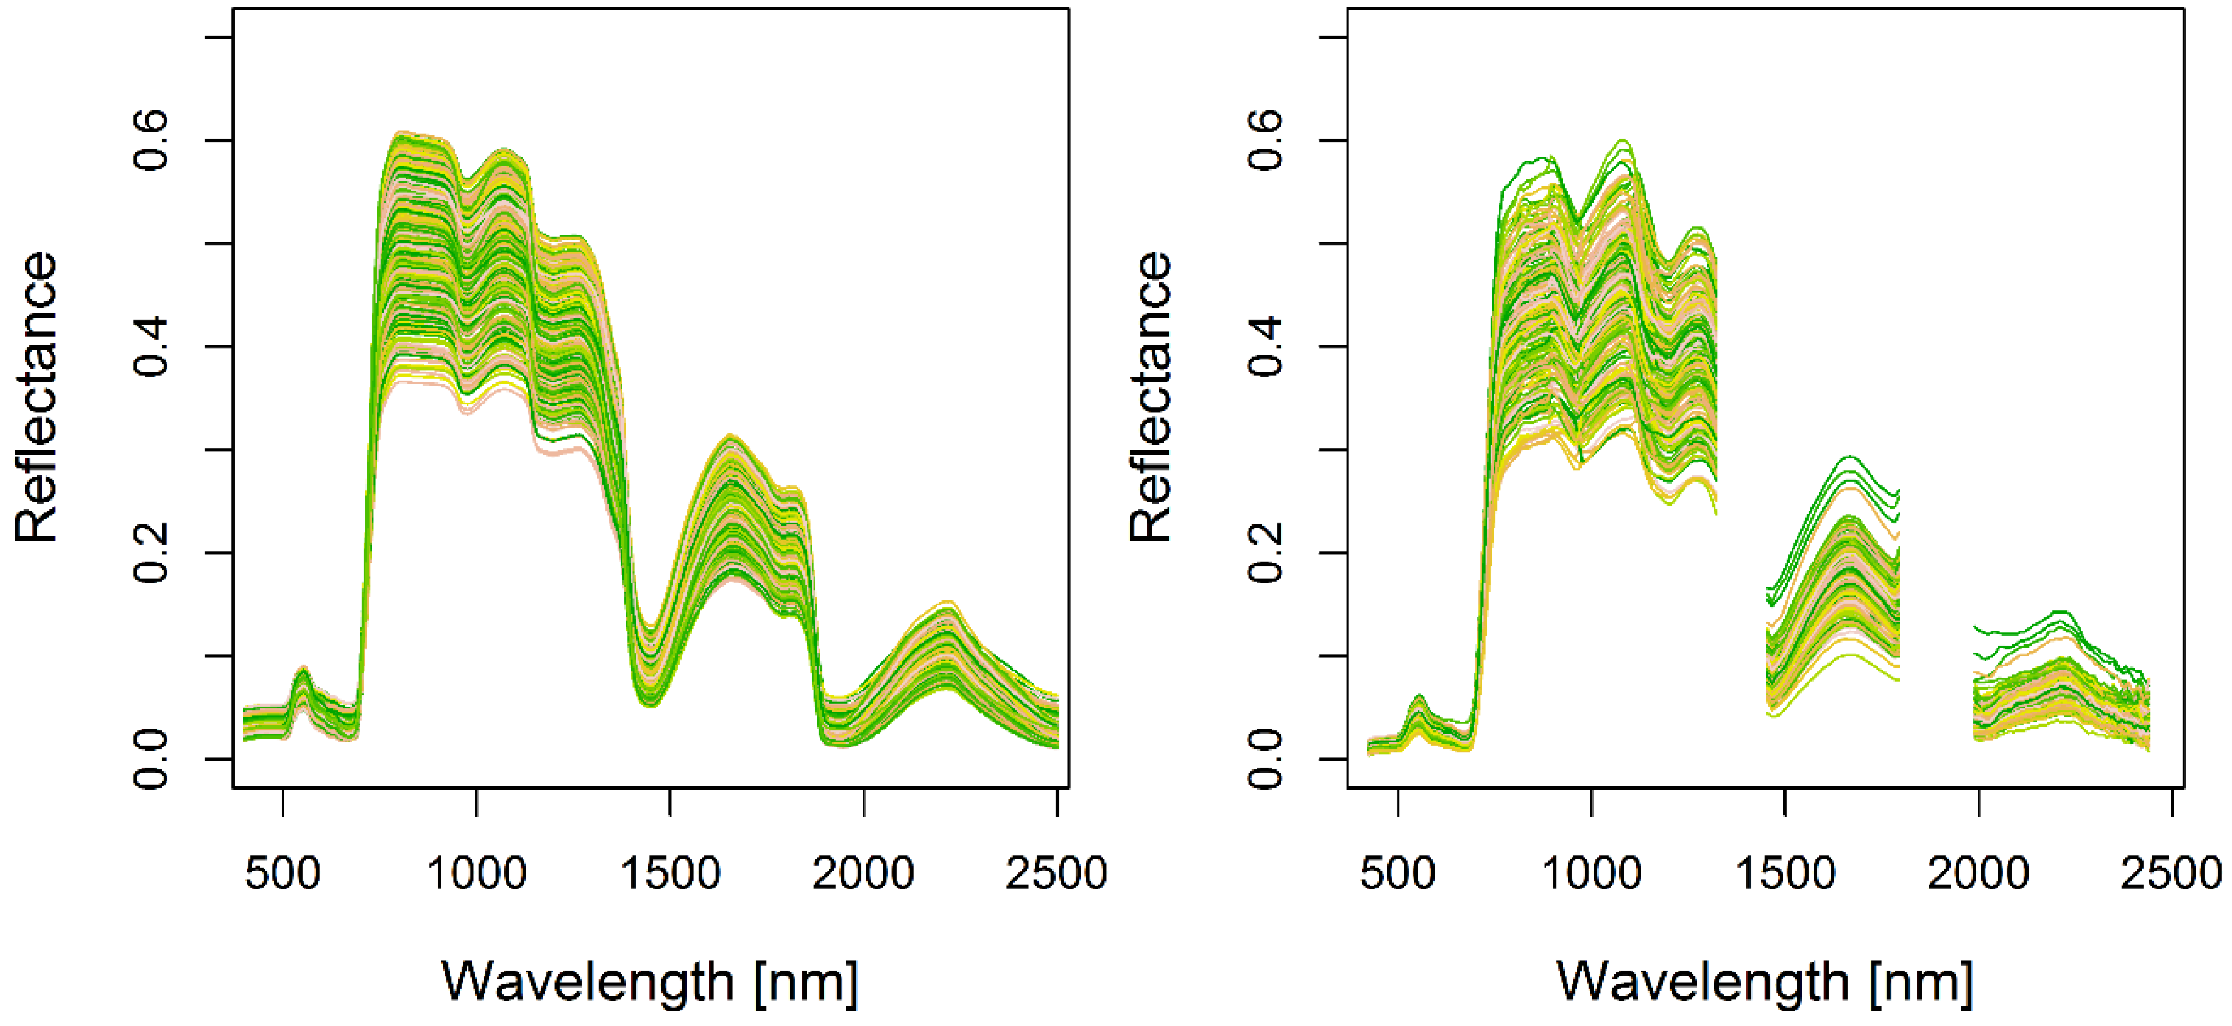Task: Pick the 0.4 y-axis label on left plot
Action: tap(151, 347)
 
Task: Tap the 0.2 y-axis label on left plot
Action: tap(151, 553)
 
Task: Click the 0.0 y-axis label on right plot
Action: tap(1266, 759)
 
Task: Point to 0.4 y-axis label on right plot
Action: tap(1266, 347)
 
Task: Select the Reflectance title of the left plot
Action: tap(36, 397)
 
